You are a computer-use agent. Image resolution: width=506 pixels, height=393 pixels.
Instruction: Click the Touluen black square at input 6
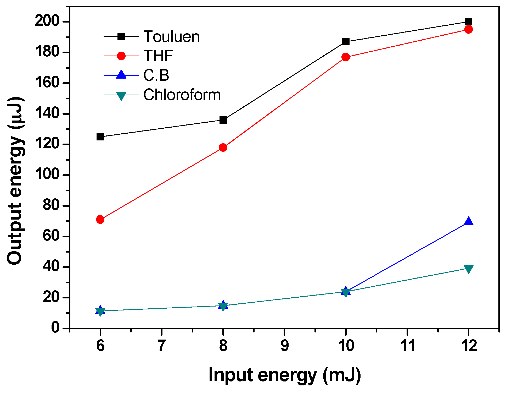[x=100, y=137]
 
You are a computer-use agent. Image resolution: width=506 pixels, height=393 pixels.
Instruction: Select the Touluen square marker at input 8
[x=223, y=120]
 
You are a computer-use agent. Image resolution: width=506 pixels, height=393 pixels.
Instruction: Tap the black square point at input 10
[x=346, y=42]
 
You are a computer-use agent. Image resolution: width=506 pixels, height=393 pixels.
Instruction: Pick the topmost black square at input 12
[x=468, y=22]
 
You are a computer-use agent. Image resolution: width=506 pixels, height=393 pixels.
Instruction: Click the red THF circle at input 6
[x=100, y=219]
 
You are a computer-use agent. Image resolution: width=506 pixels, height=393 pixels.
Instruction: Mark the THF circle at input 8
[x=223, y=148]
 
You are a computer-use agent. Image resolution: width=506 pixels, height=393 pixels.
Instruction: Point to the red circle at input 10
[x=346, y=57]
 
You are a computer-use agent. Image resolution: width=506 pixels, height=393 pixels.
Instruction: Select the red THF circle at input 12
[x=468, y=29]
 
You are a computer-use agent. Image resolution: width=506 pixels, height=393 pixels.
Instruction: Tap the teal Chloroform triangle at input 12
[x=468, y=269]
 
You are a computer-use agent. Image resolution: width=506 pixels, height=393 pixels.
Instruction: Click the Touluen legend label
[x=171, y=36]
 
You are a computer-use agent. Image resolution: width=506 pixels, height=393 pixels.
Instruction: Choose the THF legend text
[x=158, y=56]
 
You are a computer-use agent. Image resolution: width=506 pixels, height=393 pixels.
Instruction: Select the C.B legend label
[x=156, y=75]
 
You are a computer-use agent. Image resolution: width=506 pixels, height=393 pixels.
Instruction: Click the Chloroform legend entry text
[x=182, y=95]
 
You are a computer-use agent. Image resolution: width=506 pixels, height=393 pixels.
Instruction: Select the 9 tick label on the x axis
[x=284, y=346]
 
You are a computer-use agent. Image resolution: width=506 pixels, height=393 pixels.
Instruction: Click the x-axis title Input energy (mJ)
[x=284, y=375]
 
